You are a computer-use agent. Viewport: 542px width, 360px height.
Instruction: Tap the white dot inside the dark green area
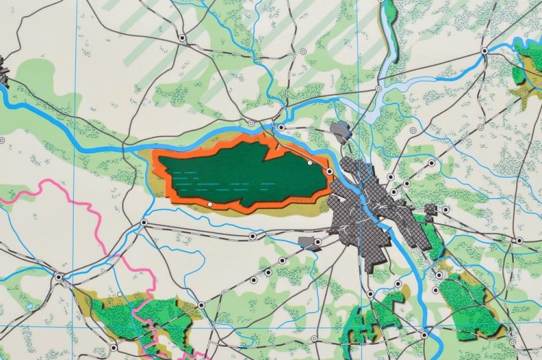click(x=309, y=163)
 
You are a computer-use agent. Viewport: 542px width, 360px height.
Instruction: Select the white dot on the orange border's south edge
click(x=210, y=205)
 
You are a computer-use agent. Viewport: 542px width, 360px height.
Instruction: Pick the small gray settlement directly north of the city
click(x=340, y=132)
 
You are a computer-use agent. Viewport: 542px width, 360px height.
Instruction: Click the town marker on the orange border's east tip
click(x=330, y=171)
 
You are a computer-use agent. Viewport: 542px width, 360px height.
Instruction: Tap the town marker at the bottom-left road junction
click(x=58, y=276)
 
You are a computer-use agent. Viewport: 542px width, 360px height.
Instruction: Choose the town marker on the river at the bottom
click(x=423, y=334)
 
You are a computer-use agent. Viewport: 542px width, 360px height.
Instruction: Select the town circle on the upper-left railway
click(x=182, y=37)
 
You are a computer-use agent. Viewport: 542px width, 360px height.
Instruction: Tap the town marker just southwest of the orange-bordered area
click(x=144, y=223)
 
